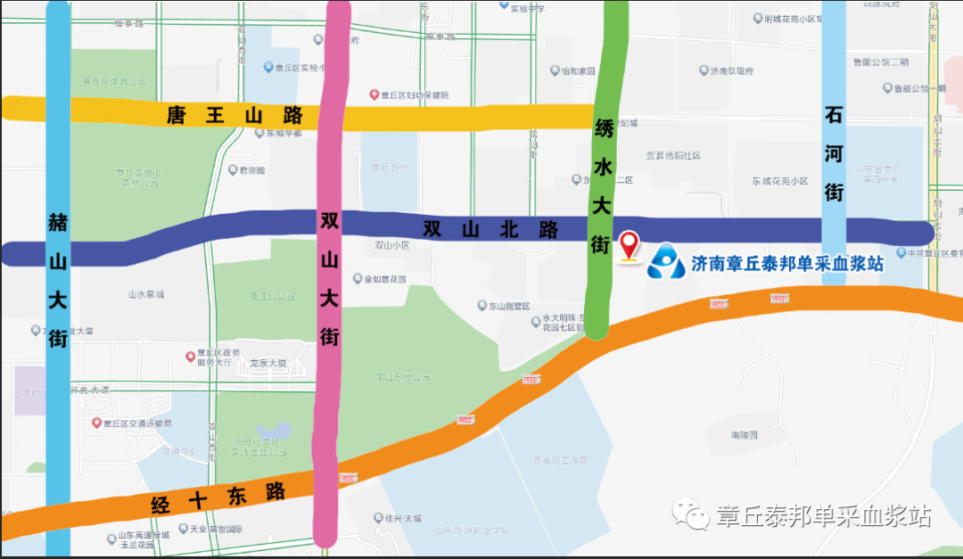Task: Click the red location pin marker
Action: click(x=630, y=243)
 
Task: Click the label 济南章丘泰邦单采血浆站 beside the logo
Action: click(x=787, y=264)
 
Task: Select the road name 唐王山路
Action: click(x=235, y=116)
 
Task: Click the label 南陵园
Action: click(x=743, y=435)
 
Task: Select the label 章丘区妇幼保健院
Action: click(x=416, y=95)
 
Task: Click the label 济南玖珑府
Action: click(x=731, y=71)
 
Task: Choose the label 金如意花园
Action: click(x=384, y=279)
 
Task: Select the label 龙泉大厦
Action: click(x=267, y=364)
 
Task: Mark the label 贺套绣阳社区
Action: click(x=673, y=155)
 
